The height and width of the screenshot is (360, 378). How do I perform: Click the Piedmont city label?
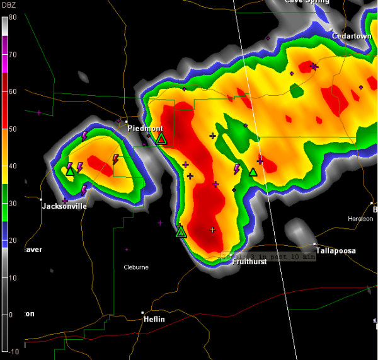pos(146,128)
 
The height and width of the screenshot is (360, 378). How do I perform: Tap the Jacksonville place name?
pos(64,206)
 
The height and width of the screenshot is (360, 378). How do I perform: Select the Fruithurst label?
pos(249,262)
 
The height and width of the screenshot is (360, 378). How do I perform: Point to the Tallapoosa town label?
pos(336,251)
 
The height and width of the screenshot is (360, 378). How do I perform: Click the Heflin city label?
pos(154,320)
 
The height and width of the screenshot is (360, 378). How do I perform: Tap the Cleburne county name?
pos(136,267)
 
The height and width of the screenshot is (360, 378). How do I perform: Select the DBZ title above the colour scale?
pos(10,6)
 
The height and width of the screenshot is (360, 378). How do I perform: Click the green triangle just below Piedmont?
pos(161,139)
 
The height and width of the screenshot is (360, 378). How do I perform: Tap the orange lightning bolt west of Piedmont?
pos(115,160)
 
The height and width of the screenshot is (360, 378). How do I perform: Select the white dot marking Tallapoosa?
pos(314,244)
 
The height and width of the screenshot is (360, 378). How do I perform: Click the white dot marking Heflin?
pos(142,313)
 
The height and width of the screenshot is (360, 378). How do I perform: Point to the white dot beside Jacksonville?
pos(40,200)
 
